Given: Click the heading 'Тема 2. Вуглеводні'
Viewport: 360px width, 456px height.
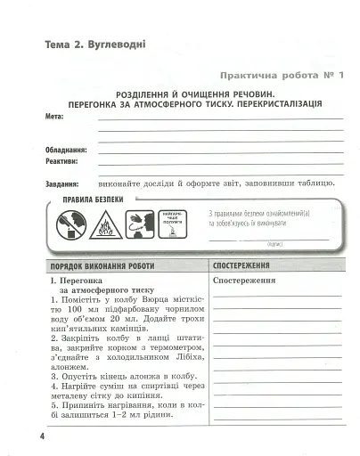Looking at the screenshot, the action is pos(86,44).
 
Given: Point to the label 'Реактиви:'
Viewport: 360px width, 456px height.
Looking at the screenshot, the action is pos(61,162).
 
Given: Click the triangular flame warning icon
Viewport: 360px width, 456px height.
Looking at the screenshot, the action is pos(104,225).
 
